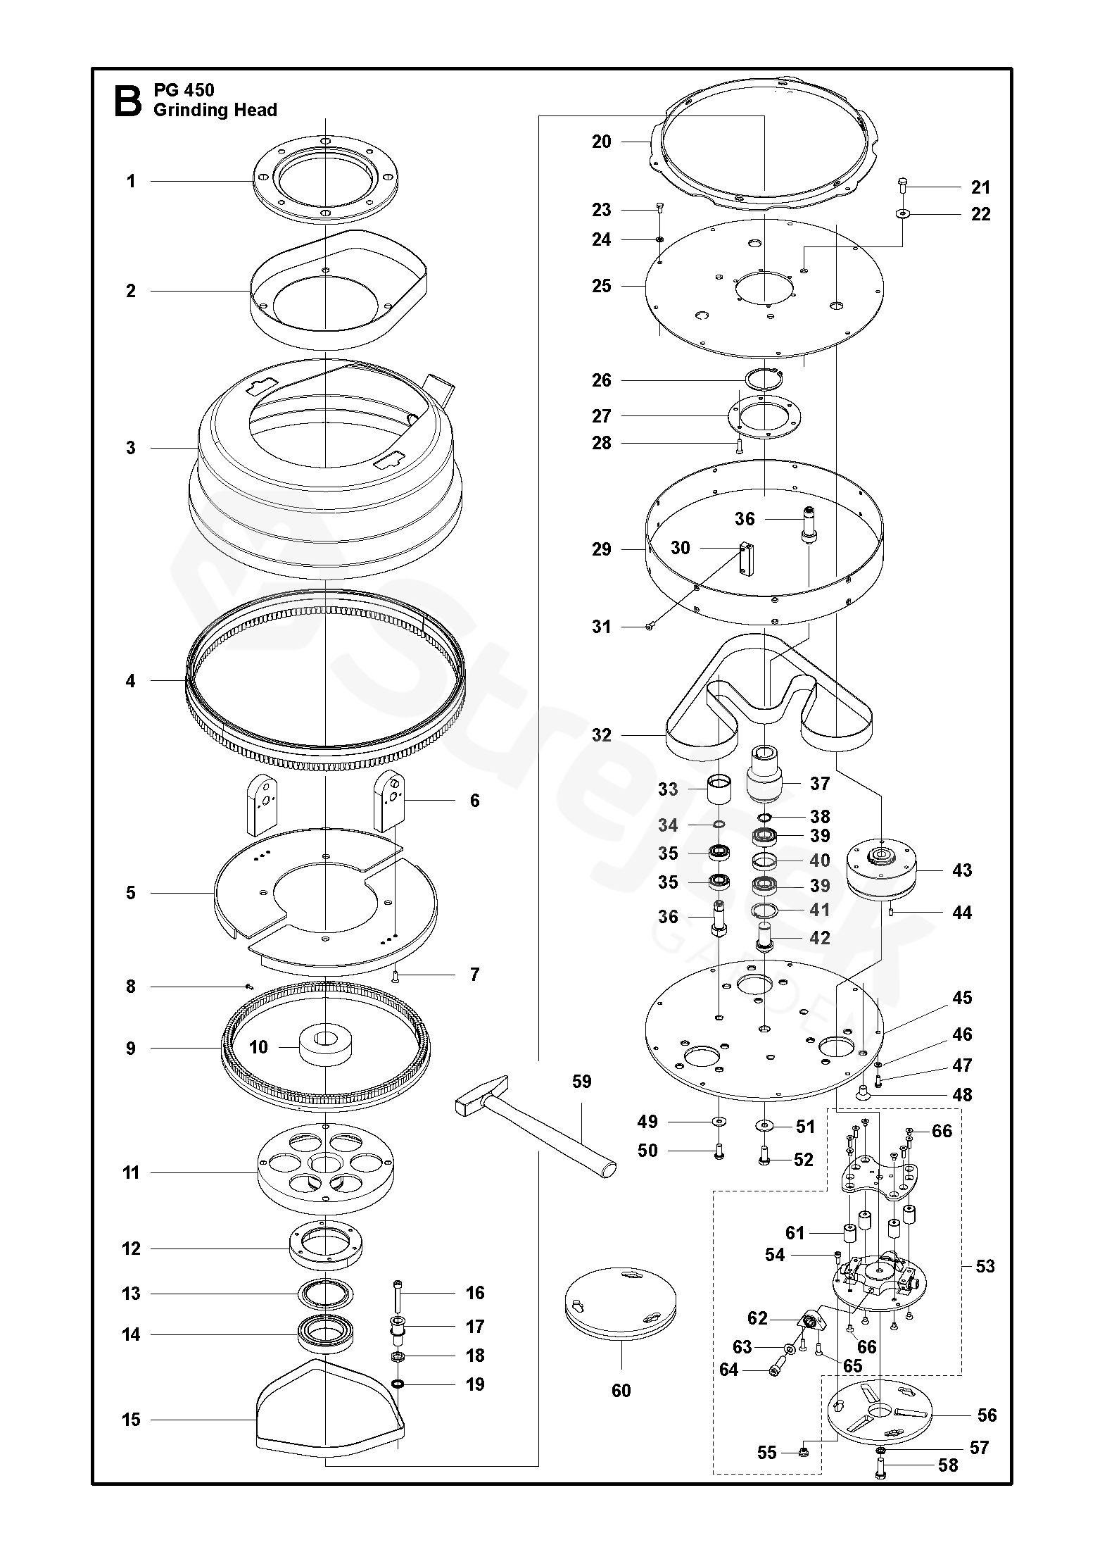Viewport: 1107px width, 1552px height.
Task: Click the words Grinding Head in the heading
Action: [x=215, y=110]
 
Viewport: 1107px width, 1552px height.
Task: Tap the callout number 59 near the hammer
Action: [x=582, y=1081]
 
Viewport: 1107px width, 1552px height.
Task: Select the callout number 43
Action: [x=961, y=870]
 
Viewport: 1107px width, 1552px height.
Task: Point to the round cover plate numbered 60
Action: [x=621, y=1302]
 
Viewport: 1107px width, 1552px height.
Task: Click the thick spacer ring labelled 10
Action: [x=325, y=1048]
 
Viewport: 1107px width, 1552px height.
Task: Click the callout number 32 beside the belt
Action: [x=602, y=735]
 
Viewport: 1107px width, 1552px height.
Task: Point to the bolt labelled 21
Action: [x=902, y=187]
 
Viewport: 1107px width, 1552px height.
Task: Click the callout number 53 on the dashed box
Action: [x=985, y=1266]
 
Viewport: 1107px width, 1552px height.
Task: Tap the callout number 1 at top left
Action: [x=131, y=181]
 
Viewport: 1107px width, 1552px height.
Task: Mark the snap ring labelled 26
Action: [x=764, y=380]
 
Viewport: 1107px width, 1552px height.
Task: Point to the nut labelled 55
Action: [x=804, y=1452]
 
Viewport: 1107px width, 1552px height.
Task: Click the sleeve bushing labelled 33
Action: [x=719, y=790]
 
